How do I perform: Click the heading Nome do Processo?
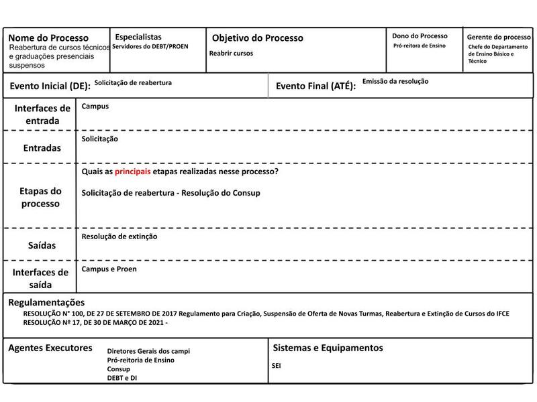[x=48, y=38]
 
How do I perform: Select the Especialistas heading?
[x=138, y=37]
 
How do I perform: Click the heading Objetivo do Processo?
[x=258, y=38]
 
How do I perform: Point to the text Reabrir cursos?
[x=231, y=53]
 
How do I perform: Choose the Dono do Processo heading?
[x=420, y=36]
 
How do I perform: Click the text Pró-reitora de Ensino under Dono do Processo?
[x=419, y=46]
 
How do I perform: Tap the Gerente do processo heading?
[x=499, y=37]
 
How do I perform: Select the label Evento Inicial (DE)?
[x=50, y=86]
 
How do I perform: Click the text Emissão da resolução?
[x=395, y=81]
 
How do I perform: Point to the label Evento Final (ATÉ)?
[x=315, y=86]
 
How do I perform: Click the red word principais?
[x=132, y=172]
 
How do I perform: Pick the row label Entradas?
[x=42, y=147]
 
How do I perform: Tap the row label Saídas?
[x=42, y=246]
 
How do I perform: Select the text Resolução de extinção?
[x=119, y=237]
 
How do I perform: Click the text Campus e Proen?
[x=109, y=269]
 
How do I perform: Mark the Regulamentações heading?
[x=46, y=302]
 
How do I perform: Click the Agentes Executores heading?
[x=50, y=348]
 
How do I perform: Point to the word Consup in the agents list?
[x=118, y=369]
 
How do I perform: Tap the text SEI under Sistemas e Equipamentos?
[x=277, y=366]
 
